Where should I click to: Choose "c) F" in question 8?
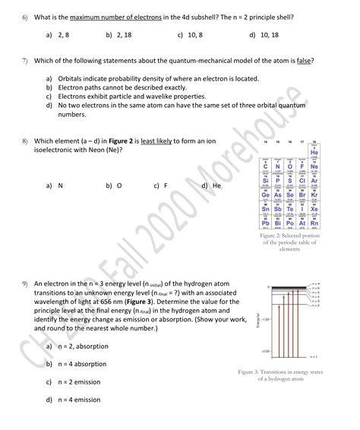(160, 185)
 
